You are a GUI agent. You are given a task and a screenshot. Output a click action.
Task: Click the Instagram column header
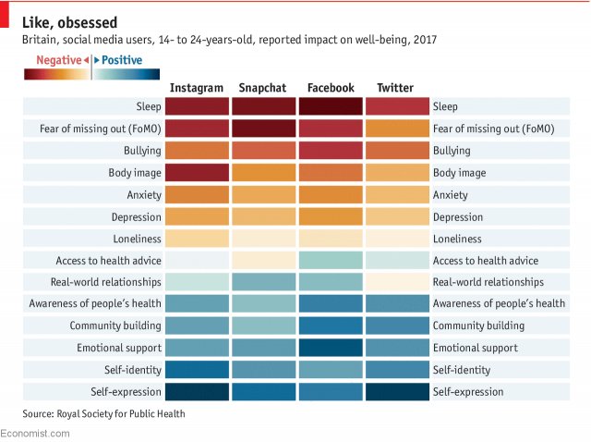pyautogui.click(x=197, y=88)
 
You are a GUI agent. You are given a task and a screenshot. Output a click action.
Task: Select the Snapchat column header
pyautogui.click(x=262, y=88)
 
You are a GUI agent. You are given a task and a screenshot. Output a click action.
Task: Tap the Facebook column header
pyautogui.click(x=331, y=88)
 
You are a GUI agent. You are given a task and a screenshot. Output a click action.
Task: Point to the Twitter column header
pyautogui.click(x=395, y=88)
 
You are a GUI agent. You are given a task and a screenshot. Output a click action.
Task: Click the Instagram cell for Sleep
pyautogui.click(x=197, y=106)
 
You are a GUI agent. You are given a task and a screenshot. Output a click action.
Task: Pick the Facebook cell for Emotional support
pyautogui.click(x=331, y=348)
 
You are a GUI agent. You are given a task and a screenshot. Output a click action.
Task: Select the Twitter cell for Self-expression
pyautogui.click(x=396, y=392)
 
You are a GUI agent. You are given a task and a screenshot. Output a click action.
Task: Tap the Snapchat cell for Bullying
pyautogui.click(x=263, y=150)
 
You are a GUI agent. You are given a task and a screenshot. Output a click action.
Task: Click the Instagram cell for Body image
pyautogui.click(x=197, y=172)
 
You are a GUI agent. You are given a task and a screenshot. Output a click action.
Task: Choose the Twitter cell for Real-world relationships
pyautogui.click(x=396, y=282)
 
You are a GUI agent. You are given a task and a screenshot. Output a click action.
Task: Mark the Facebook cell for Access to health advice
pyautogui.click(x=331, y=260)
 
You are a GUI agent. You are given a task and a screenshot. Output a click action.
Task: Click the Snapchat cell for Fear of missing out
pyautogui.click(x=263, y=129)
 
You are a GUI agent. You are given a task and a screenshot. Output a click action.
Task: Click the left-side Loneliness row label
pyautogui.click(x=133, y=239)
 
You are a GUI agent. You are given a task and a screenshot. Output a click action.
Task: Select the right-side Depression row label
pyautogui.click(x=458, y=217)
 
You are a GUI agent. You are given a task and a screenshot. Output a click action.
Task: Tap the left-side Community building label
pyautogui.click(x=115, y=325)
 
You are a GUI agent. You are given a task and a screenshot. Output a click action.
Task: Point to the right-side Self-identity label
pyautogui.click(x=460, y=370)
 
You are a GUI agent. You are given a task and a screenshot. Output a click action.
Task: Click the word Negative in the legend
pyautogui.click(x=58, y=60)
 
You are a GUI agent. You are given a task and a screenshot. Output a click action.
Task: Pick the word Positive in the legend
pyautogui.click(x=122, y=60)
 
